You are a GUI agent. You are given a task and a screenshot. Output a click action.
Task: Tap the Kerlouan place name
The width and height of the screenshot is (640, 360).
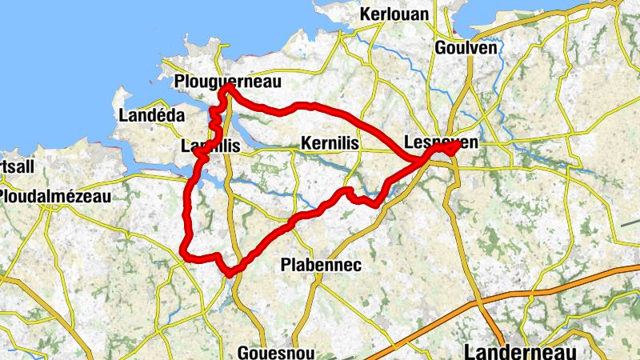[x=394, y=15]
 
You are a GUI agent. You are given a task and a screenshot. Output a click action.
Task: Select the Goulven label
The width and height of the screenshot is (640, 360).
[x=466, y=48]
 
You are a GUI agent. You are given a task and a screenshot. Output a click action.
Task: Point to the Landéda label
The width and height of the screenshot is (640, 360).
[x=151, y=115]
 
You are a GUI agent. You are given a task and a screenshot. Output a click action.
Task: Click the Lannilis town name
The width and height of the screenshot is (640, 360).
[x=211, y=146]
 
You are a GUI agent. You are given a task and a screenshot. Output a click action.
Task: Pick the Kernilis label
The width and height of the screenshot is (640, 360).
[x=330, y=143]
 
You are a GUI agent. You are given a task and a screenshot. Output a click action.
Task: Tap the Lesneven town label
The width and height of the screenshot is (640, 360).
[x=441, y=142]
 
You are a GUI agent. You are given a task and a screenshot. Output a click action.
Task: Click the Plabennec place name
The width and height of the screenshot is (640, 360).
[x=322, y=264]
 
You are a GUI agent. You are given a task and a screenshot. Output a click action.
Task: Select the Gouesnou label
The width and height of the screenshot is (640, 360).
[x=276, y=352]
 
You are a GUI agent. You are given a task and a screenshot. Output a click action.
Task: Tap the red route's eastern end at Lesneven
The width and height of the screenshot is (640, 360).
[x=458, y=146]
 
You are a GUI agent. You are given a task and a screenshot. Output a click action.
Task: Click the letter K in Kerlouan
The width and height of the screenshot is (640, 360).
[x=366, y=15]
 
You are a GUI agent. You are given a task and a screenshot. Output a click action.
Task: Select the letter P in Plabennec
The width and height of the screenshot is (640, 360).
[x=286, y=264]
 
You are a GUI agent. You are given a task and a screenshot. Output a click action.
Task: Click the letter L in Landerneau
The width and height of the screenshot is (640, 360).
[x=470, y=351]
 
